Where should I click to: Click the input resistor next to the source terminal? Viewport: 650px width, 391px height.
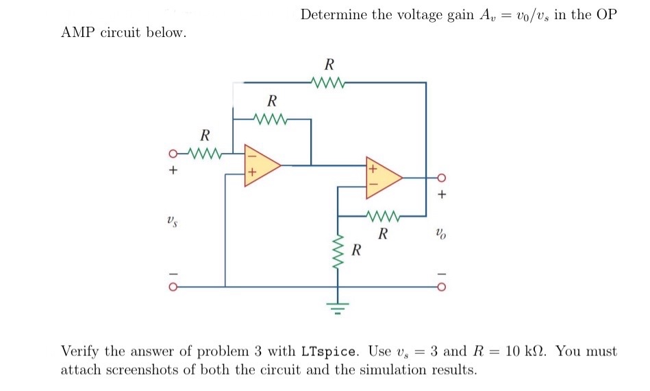point(205,152)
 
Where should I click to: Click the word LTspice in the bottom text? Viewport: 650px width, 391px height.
point(329,352)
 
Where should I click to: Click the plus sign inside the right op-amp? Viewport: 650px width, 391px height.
point(373,167)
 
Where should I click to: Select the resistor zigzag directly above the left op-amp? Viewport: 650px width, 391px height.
point(271,119)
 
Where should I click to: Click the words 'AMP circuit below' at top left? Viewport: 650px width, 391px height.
point(123,33)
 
